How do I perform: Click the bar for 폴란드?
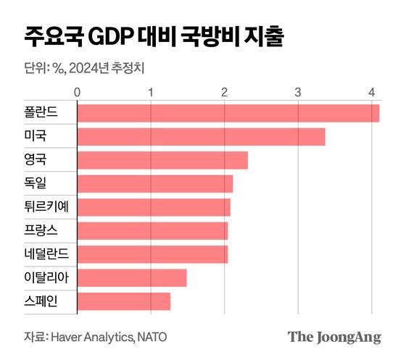click(x=228, y=113)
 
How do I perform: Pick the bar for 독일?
click(x=154, y=184)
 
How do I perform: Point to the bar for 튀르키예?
click(x=154, y=207)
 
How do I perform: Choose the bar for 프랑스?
click(x=152, y=231)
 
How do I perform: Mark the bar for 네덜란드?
click(x=152, y=254)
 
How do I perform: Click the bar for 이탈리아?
click(x=132, y=278)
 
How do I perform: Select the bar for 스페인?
click(x=123, y=301)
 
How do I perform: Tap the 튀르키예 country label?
click(x=45, y=207)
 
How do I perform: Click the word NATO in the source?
click(x=154, y=337)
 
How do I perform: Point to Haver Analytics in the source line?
click(x=92, y=337)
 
